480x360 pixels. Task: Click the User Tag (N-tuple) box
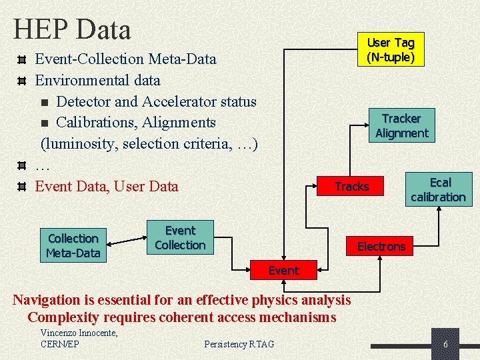point(391,50)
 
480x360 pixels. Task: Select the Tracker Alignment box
point(401,125)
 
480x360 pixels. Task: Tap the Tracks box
point(351,187)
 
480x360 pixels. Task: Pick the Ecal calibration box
point(438,189)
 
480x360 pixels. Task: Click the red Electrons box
point(381,247)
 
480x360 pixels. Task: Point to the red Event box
point(283,270)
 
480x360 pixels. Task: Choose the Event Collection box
point(180,237)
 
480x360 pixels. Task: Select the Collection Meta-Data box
point(73,245)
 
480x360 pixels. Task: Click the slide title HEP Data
point(72,30)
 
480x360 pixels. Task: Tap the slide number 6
point(445,344)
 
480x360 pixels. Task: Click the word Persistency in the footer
point(225,344)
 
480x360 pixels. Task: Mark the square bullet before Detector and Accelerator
point(44,102)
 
